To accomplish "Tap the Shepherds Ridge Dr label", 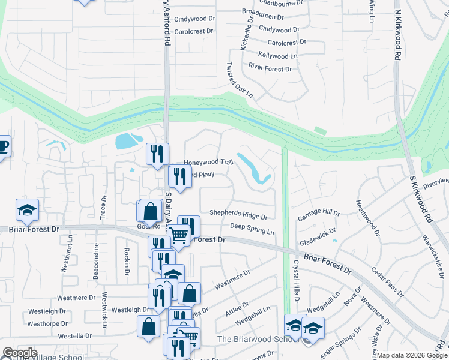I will coord(238,213).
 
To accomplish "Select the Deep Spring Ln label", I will coord(252,227).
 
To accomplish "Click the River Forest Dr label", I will coord(270,69).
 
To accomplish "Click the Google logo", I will coord(19,353).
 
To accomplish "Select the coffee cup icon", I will coord(2,145).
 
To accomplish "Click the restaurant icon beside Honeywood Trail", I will coord(157,154).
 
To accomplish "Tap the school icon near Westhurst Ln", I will coord(27,209).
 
